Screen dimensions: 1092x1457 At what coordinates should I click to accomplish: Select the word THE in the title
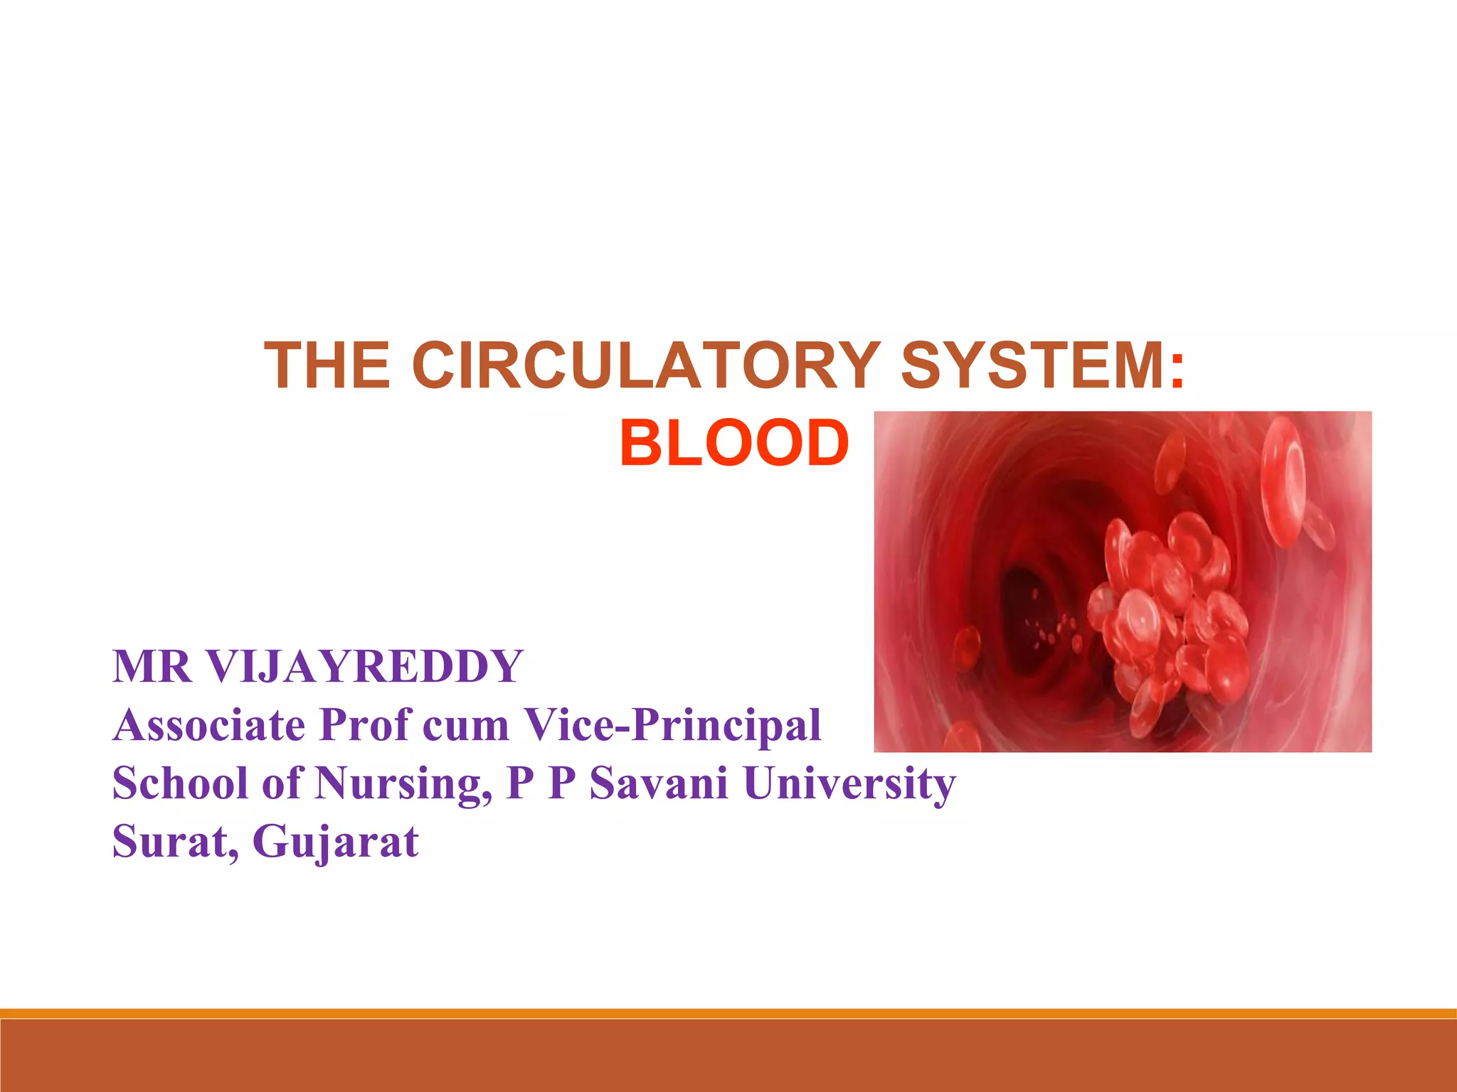327,365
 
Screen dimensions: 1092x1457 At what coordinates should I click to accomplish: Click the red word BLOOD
734,444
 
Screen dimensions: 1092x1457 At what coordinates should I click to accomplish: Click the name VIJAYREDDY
364,667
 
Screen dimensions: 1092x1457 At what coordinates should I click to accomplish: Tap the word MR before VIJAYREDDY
152,667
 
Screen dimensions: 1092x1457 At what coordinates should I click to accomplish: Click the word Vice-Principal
672,725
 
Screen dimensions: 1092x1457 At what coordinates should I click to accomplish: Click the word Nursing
403,783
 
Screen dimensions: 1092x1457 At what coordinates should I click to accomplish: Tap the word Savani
658,783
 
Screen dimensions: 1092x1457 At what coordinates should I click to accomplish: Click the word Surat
174,842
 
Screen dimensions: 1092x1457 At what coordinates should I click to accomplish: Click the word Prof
365,725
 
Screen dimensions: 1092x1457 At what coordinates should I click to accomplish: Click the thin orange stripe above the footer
728,1013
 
